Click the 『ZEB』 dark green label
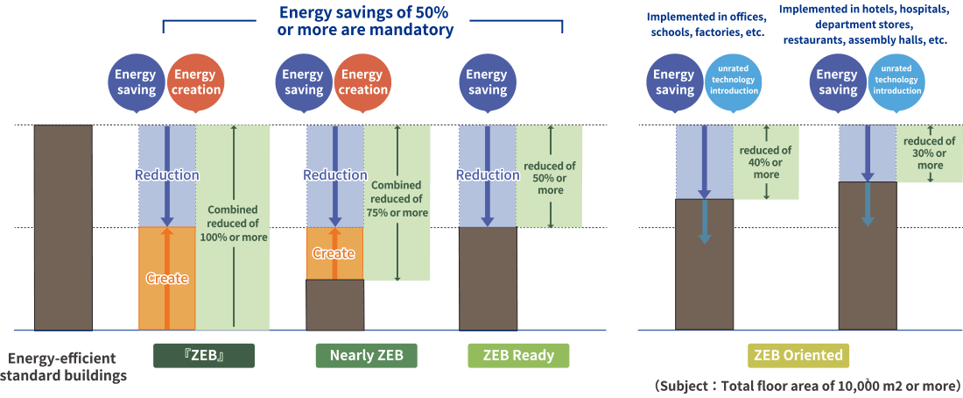pos(203,355)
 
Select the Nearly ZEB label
pos(366,355)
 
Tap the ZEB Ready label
pos(517,355)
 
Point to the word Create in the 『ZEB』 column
pos(166,278)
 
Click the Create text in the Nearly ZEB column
pos(334,253)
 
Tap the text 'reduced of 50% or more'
pos(550,178)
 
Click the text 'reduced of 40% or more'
pos(766,162)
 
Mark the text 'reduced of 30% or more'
pos(929,153)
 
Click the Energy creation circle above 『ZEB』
pos(194,82)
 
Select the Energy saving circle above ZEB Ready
pos(488,82)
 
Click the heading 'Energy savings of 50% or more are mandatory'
pos(365,21)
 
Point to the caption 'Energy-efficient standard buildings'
pos(63,366)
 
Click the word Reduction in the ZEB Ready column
pos(488,174)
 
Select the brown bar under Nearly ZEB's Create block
pos(334,304)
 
